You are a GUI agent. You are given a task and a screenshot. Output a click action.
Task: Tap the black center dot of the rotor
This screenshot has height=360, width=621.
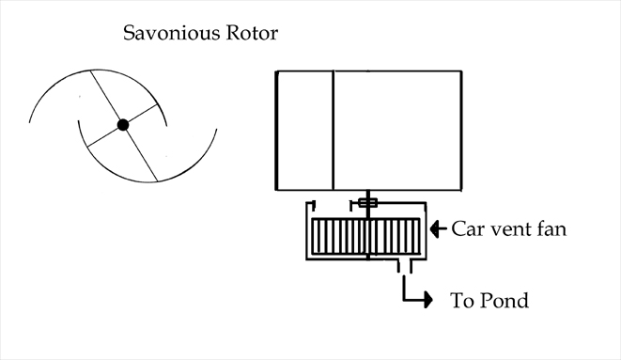pyautogui.click(x=123, y=124)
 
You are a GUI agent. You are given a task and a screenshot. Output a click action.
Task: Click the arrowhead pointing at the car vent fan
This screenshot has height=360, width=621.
pyautogui.click(x=436, y=228)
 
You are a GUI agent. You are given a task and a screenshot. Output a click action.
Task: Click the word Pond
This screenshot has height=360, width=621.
pyautogui.click(x=505, y=302)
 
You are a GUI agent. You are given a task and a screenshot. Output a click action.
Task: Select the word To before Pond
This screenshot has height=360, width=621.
pyautogui.click(x=462, y=302)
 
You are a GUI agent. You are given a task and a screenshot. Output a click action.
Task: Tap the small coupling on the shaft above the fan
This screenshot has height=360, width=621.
pyautogui.click(x=366, y=203)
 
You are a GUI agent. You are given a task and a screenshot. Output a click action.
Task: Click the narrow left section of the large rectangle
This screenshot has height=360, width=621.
pyautogui.click(x=304, y=129)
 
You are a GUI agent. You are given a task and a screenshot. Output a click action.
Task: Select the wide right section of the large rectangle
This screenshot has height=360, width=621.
pyautogui.click(x=397, y=129)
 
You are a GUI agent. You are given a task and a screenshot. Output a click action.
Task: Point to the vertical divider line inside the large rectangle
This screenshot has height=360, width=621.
pyautogui.click(x=334, y=129)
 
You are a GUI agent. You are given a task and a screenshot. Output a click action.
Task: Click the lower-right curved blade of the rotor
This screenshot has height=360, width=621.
pyautogui.click(x=193, y=164)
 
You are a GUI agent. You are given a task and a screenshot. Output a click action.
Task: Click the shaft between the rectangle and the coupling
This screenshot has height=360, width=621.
pyautogui.click(x=367, y=193)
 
